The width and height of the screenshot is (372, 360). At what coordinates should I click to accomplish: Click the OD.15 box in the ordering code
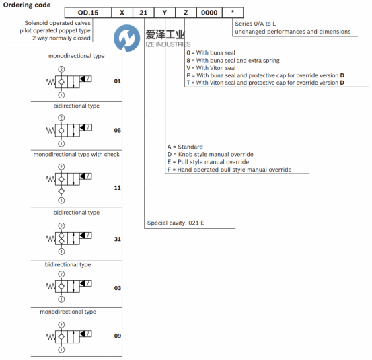coord(88,13)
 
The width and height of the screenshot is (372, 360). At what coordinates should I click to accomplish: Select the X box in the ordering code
coord(122,13)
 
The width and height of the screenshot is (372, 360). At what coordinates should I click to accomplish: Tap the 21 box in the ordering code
coord(143,13)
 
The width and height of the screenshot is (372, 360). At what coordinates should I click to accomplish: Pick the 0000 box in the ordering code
coord(209,13)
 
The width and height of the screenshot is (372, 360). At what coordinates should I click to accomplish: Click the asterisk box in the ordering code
coord(233,13)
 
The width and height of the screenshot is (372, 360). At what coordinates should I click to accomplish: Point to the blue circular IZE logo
coord(126,38)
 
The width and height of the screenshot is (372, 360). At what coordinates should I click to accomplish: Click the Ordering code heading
coord(27,5)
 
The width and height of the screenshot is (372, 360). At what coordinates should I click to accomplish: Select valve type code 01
coord(118,81)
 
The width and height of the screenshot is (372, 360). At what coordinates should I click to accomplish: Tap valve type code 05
coord(118,130)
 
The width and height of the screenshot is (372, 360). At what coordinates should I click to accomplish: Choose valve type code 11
coord(118,188)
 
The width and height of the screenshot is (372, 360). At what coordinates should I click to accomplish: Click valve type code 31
coord(118,239)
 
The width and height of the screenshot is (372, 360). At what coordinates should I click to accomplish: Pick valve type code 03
coord(118,288)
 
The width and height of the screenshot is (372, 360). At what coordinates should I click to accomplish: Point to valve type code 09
coord(118,336)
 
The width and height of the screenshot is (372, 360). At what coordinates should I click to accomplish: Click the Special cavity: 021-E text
coord(176,223)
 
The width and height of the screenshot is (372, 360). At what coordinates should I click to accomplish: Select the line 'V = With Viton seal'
coord(211,68)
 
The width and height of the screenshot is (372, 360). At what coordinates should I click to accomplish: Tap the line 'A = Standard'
coord(185,147)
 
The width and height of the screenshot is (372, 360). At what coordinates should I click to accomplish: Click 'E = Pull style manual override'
coord(208,162)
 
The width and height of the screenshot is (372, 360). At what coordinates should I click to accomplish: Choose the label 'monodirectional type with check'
coord(77,155)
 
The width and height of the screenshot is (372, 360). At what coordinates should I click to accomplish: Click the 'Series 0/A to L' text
coord(255,24)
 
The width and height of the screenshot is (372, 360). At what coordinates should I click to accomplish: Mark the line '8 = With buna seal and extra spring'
coord(233,61)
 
